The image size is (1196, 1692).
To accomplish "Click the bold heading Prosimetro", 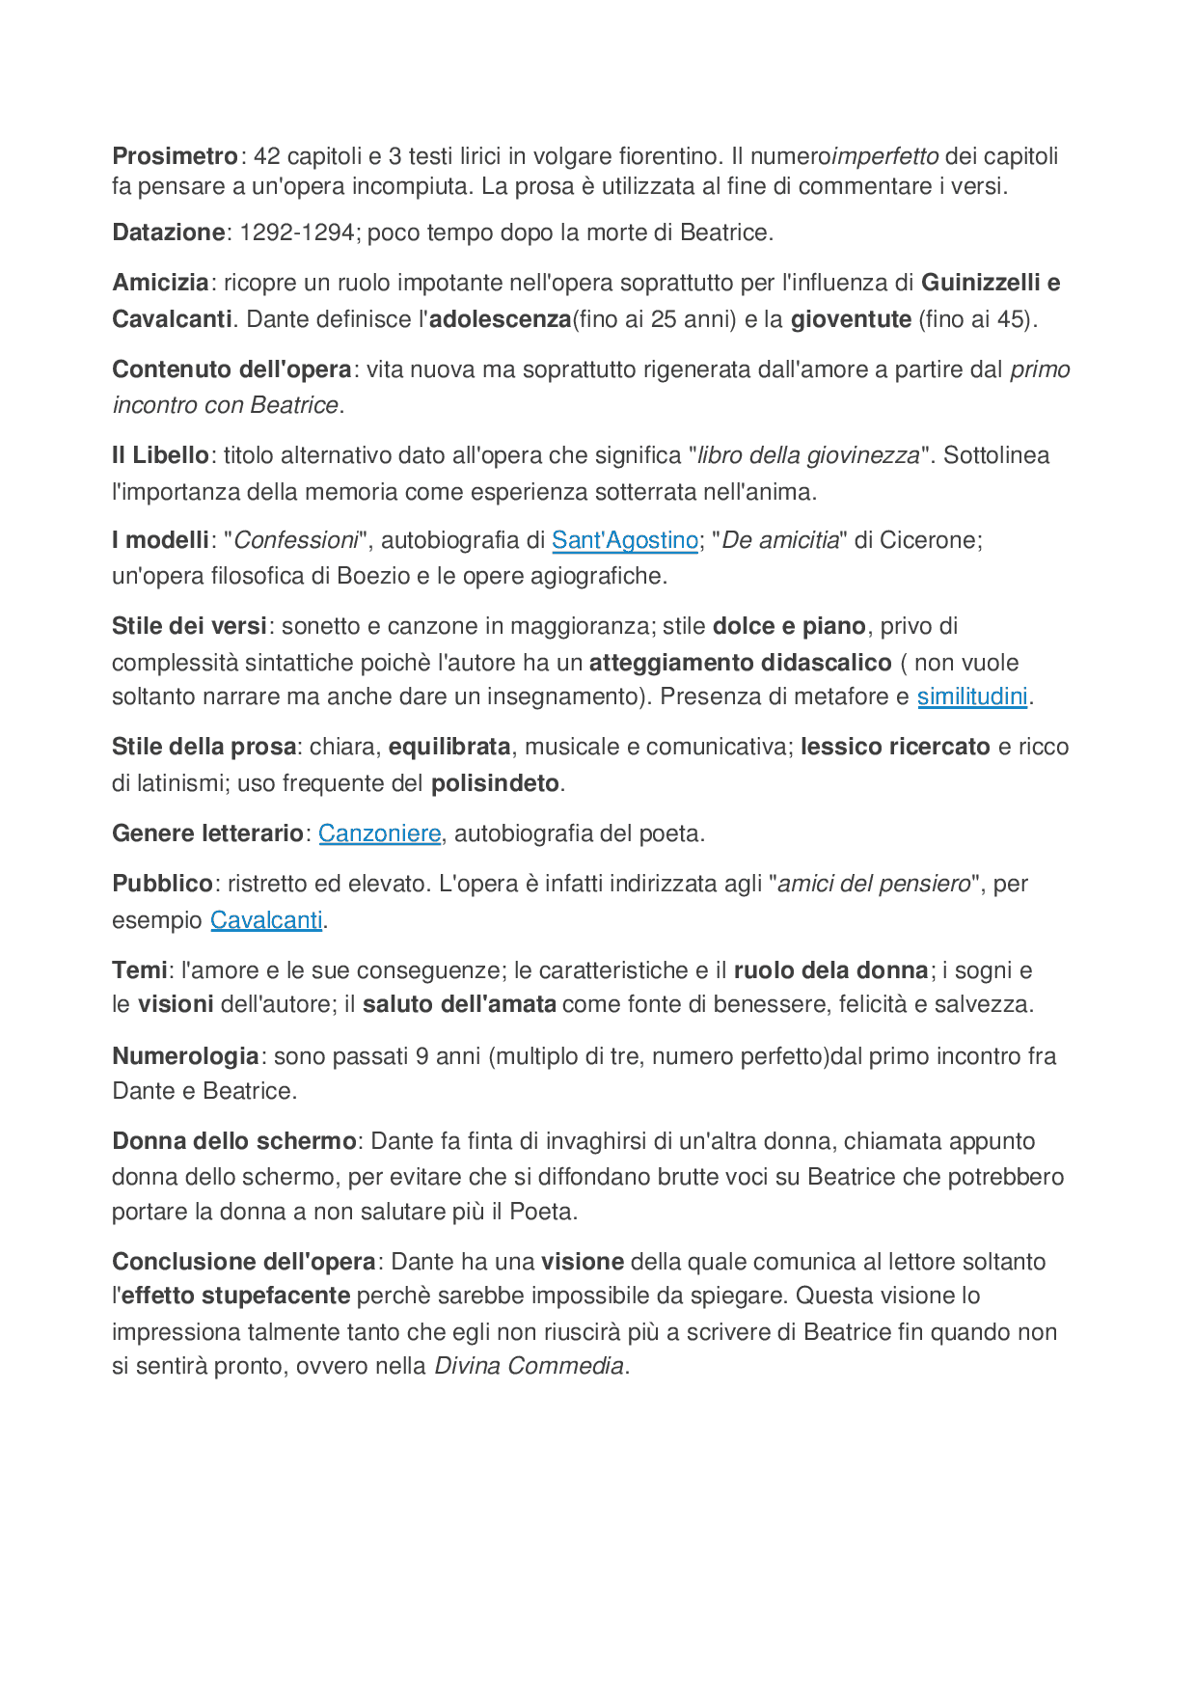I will pos(175,156).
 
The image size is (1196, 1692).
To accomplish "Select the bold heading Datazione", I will pos(169,232).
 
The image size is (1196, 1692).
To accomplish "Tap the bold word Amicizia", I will pos(160,283).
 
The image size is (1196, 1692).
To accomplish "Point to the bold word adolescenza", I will pos(500,319).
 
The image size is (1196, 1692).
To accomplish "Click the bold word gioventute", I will pos(851,319).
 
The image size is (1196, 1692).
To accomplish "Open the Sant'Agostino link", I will pos(624,540).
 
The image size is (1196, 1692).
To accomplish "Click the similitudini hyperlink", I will pos(971,696).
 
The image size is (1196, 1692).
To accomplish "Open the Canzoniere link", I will pos(379,833).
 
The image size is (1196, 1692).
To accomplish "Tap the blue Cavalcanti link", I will pos(266,920).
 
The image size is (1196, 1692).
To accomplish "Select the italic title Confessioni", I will pos(296,540).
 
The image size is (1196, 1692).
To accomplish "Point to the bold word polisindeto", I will pos(495,783).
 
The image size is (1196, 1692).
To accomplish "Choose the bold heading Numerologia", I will pos(185,1056).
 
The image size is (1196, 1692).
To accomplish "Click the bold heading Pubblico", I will pos(162,884).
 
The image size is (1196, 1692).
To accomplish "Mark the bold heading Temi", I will pos(140,970).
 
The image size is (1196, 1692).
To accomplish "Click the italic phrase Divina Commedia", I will pos(529,1366).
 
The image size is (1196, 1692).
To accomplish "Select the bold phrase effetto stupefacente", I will pos(235,1296).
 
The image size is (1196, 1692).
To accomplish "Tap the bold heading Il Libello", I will pos(160,455).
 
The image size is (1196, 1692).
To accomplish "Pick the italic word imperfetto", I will pos(884,156).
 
